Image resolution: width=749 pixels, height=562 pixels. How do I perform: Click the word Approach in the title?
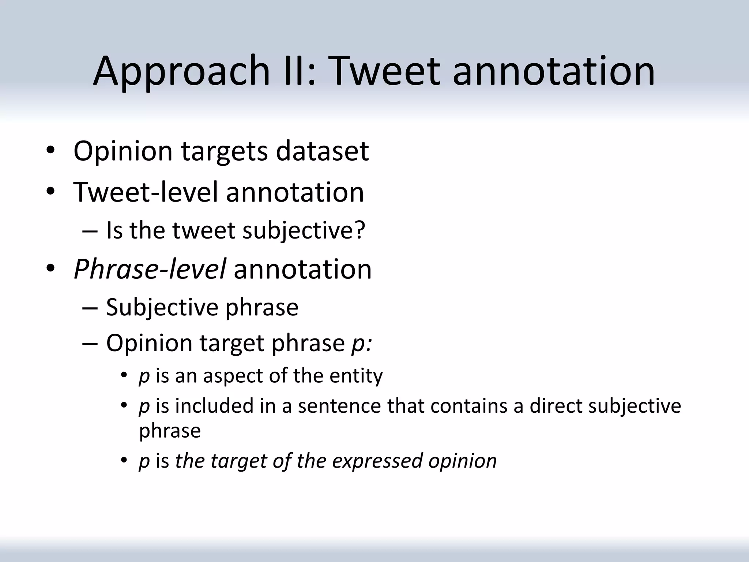[181, 71]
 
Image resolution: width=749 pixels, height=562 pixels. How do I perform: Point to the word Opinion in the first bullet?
[123, 151]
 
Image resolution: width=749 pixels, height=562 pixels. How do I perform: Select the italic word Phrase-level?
[150, 270]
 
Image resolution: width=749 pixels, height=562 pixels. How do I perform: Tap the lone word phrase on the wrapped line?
[170, 431]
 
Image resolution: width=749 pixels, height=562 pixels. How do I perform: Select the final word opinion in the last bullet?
[463, 461]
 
